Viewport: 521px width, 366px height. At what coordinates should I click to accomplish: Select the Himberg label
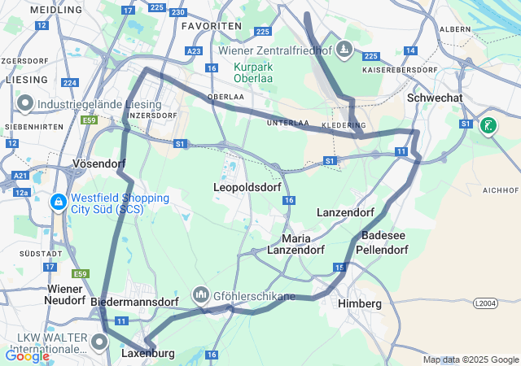pos(359,303)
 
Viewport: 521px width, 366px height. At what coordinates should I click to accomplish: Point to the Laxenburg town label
pos(147,354)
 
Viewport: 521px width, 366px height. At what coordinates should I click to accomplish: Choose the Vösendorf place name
pos(99,163)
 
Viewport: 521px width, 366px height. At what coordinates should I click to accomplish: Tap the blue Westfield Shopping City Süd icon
pos(58,203)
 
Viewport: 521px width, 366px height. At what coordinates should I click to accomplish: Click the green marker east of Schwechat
pos(488,125)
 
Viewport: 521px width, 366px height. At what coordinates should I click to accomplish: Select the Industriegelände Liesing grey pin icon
pos(24,104)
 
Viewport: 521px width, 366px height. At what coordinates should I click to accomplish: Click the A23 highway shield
pos(194,50)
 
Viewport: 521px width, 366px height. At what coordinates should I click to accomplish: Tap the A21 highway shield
pos(20,175)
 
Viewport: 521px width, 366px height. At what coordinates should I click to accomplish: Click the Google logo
pos(27,355)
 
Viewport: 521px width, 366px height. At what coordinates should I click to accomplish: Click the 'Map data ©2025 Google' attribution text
pos(470,360)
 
